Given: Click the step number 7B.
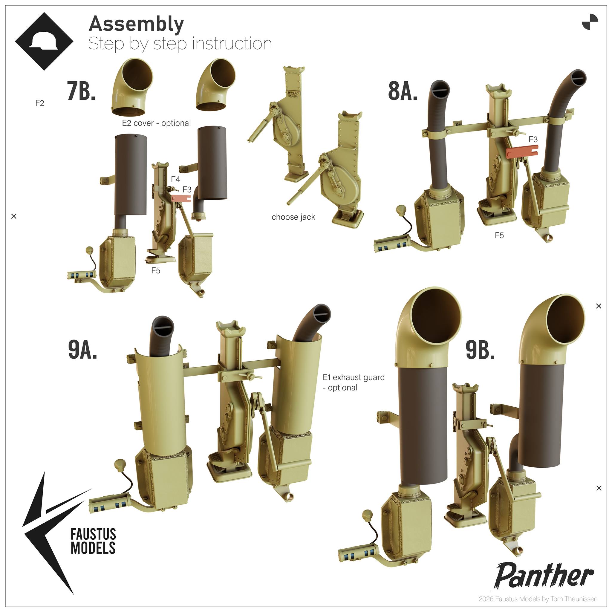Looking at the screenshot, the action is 81,91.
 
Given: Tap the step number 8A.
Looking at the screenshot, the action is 403,91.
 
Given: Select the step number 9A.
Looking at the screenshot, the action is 82,349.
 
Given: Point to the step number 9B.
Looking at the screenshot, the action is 480,350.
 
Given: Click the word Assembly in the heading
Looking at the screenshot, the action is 136,24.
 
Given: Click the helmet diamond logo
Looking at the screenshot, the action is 44,41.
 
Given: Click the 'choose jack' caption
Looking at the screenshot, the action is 293,217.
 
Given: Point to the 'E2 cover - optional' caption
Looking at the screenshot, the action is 157,123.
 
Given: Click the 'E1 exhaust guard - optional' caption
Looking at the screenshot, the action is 354,382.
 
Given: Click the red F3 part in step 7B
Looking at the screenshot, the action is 181,198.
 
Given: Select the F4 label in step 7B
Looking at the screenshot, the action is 175,179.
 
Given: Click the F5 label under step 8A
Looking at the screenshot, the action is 499,235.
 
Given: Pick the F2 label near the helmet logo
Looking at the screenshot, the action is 40,103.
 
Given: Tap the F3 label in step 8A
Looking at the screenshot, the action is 533,139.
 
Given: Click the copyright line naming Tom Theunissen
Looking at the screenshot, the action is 538,599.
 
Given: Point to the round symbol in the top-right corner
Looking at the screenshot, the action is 590,22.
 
